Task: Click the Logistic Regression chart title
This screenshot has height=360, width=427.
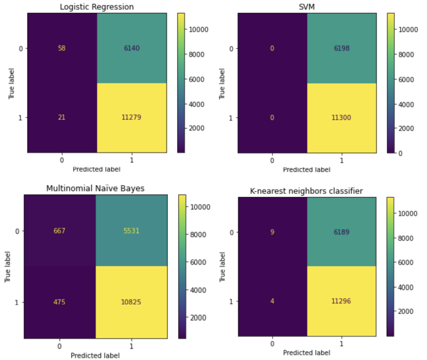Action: pos(96,7)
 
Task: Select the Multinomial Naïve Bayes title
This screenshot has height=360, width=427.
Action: pos(96,188)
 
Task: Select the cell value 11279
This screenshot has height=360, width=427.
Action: pos(131,117)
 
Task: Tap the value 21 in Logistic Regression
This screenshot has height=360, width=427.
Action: pos(62,117)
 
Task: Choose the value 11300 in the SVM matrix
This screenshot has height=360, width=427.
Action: pos(341,117)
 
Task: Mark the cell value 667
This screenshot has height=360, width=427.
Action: pos(60,231)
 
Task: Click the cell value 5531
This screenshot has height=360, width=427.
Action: pos(131,231)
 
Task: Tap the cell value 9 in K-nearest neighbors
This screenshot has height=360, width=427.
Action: pos(272,232)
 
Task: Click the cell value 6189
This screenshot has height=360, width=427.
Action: pos(341,232)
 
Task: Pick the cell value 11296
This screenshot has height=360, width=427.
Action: pos(341,302)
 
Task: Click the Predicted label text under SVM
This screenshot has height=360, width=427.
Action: pos(307,169)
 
